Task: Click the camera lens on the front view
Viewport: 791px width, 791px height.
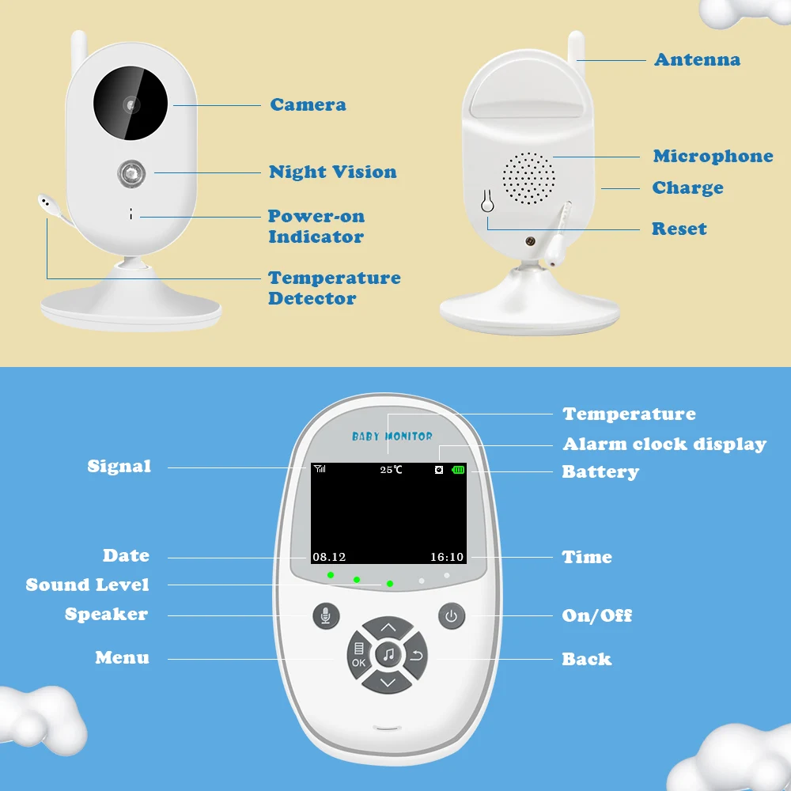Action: point(131,103)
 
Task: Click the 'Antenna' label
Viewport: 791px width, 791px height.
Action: point(697,59)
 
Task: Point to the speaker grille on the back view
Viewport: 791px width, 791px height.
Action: point(528,177)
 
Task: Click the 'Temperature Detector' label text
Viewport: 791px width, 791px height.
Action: point(334,288)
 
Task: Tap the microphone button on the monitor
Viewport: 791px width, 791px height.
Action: point(325,615)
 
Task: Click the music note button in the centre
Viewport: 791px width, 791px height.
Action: point(388,654)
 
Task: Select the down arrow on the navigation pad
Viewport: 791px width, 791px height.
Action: point(388,682)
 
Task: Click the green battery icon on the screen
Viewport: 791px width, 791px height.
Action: point(459,470)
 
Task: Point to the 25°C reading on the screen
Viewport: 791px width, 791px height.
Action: point(391,470)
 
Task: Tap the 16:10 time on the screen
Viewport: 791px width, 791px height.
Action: point(447,557)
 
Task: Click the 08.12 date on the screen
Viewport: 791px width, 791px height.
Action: point(329,557)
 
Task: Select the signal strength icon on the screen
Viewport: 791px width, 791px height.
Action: point(320,469)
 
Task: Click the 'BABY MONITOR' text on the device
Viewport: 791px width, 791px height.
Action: point(392,436)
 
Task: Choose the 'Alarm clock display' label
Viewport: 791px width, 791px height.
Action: point(664,445)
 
